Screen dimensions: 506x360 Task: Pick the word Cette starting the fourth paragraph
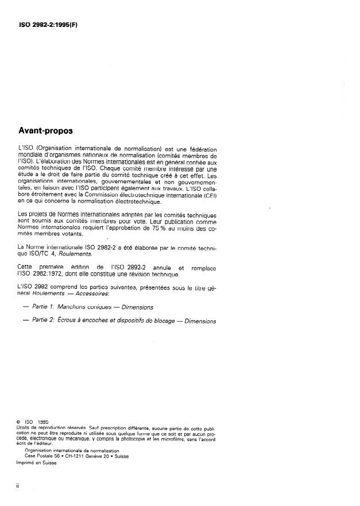pos(28,266)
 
